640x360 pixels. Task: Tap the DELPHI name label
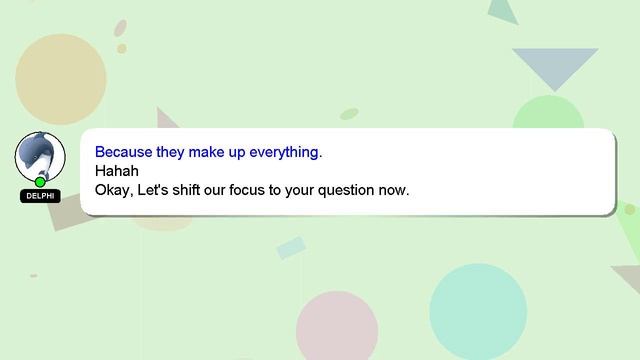(40, 196)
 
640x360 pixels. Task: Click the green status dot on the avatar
(40, 182)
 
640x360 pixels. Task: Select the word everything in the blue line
(286, 153)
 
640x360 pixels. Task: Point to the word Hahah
(116, 171)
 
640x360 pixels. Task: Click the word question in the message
(351, 189)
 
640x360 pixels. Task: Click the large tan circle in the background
(60, 78)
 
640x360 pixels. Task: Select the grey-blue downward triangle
(555, 66)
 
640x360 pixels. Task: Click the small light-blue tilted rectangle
(291, 247)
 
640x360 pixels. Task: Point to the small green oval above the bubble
(349, 114)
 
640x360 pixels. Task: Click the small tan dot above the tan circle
(121, 48)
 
